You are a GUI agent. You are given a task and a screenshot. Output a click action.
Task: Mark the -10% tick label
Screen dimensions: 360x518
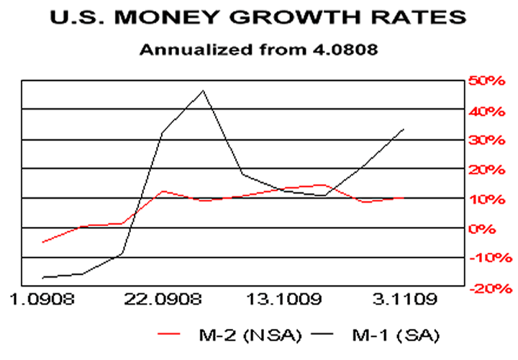click(489, 258)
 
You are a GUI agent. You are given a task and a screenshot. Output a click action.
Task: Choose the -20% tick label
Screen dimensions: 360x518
click(489, 288)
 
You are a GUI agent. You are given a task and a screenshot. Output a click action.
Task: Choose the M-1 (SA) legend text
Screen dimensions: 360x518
click(395, 335)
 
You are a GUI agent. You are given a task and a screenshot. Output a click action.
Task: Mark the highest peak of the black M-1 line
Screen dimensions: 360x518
click(203, 91)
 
